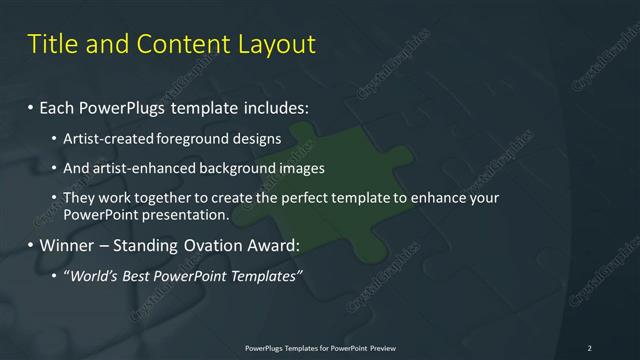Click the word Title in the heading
(x=51, y=44)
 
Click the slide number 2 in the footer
(x=589, y=347)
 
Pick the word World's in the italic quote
(x=93, y=275)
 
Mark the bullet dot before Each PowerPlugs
(x=30, y=106)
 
